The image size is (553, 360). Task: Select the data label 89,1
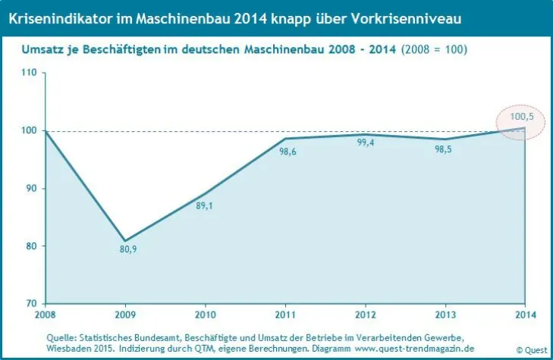[205, 205]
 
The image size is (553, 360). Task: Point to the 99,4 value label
[365, 148]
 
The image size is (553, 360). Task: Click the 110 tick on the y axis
[29, 73]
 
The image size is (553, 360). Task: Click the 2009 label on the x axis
[126, 314]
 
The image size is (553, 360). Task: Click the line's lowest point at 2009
[126, 241]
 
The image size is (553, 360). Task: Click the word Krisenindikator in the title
[53, 15]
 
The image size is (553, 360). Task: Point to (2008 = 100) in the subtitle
[434, 50]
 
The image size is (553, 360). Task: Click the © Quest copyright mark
[530, 349]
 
